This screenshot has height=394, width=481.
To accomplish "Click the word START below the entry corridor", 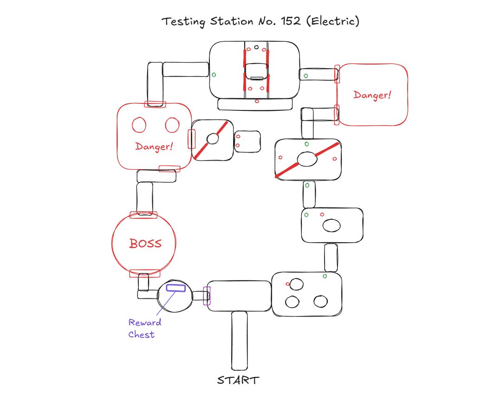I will [238, 381].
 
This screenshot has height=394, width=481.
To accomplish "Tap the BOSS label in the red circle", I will [145, 243].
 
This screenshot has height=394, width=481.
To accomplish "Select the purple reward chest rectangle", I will [176, 288].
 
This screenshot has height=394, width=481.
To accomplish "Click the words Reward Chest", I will [145, 329].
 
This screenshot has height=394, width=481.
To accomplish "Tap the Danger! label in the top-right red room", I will [372, 95].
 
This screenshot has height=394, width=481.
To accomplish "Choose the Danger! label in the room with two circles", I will [154, 146].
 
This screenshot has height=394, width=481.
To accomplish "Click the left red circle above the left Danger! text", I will [139, 125].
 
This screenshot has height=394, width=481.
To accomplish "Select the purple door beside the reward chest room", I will [207, 296].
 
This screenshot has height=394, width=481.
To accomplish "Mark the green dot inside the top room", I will [214, 75].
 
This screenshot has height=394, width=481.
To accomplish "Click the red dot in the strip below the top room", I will [257, 101].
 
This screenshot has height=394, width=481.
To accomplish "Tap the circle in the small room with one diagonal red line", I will [213, 139].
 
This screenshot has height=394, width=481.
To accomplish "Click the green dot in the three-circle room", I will [325, 276].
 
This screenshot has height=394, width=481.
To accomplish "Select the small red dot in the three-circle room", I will [288, 284].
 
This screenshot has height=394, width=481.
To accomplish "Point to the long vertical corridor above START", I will [240, 340].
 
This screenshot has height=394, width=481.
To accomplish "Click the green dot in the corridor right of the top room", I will [305, 76].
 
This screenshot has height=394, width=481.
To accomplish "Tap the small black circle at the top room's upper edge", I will [256, 47].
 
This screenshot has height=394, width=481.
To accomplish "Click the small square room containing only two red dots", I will [248, 141].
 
